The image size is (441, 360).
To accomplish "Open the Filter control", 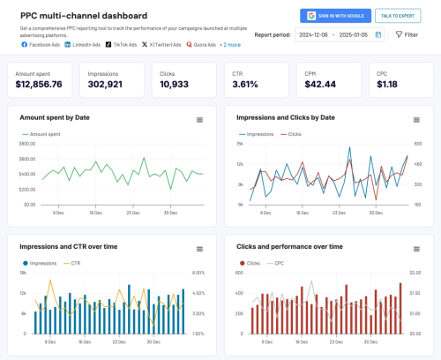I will pos(406,34).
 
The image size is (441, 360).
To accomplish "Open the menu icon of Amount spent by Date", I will pos(199,119).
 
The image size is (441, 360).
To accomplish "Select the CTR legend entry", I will pos(76,263).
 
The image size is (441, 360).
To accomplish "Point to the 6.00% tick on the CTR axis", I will pos(198,273).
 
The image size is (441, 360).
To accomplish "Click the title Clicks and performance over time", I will pos(286,247).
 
